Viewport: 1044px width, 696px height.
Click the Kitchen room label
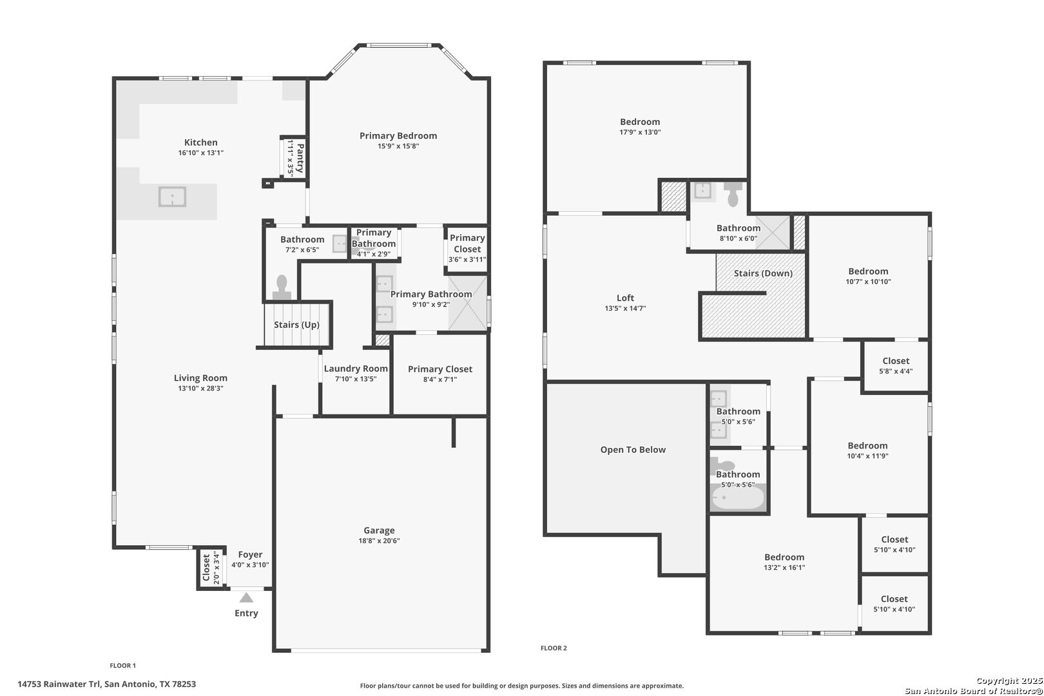[201, 142]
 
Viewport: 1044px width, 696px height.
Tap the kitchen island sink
[173, 197]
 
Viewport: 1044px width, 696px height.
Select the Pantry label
[300, 158]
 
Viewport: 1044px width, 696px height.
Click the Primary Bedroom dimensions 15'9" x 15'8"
[398, 146]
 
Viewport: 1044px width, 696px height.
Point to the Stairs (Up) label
[296, 324]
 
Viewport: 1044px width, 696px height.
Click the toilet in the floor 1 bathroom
[282, 287]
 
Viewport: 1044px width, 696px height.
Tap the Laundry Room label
[356, 368]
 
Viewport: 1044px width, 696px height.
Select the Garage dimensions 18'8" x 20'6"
[379, 541]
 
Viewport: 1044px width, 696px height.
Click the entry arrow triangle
[246, 597]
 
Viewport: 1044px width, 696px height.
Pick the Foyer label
[250, 554]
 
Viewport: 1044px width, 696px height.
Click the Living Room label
[201, 378]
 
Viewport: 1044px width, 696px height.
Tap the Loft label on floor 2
[626, 298]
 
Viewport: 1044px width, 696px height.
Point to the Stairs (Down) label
[763, 273]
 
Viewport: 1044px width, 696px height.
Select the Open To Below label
[633, 450]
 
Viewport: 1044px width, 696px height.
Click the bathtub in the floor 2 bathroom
[738, 498]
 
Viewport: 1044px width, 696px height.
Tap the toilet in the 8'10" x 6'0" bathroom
[733, 194]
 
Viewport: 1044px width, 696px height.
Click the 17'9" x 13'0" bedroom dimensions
[640, 132]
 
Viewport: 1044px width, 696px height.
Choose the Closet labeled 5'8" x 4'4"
[896, 361]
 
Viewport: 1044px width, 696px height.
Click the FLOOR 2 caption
[554, 648]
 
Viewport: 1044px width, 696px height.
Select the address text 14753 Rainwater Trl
[59, 684]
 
